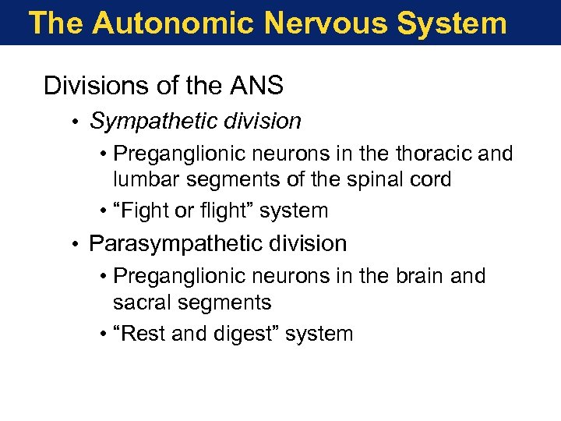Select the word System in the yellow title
451,23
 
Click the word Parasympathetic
170,243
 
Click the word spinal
379,179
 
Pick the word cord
432,179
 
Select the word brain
418,276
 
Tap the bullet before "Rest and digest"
104,334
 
